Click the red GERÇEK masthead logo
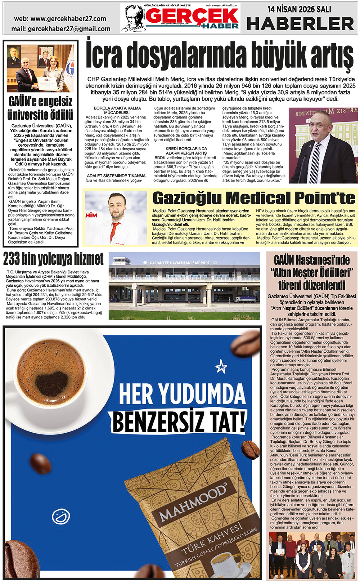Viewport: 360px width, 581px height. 192,16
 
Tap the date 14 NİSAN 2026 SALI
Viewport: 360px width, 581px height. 299,9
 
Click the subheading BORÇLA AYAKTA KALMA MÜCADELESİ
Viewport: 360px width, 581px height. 117,110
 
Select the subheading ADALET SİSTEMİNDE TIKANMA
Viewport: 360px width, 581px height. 116,176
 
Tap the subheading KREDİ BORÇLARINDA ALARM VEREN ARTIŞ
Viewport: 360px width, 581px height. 186,151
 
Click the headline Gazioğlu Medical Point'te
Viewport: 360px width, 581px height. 254,198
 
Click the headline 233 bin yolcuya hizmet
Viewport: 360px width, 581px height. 53,259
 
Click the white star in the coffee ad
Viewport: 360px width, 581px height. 221,367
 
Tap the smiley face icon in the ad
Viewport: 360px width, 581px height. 60,516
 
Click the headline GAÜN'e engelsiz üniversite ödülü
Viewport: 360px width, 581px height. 40,108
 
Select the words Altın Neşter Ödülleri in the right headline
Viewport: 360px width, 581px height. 312,273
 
